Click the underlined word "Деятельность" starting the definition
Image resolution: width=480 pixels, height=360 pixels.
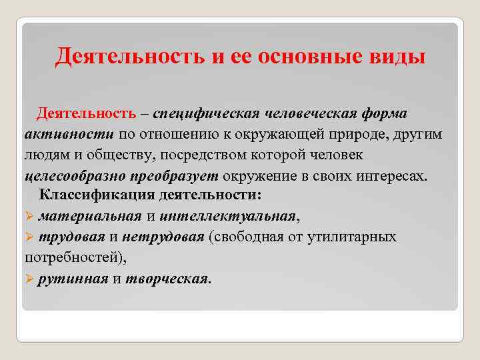tap(87, 114)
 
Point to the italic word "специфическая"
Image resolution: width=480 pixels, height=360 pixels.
tap(209, 114)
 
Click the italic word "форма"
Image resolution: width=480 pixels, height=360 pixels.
tap(384, 114)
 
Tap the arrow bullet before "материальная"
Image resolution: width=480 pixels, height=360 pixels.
tap(29, 216)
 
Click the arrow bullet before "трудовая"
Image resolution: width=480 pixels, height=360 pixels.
tap(29, 237)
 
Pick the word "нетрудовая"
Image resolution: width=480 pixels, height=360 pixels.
tap(170, 237)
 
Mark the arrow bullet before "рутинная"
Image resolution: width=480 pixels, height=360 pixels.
tap(29, 278)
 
